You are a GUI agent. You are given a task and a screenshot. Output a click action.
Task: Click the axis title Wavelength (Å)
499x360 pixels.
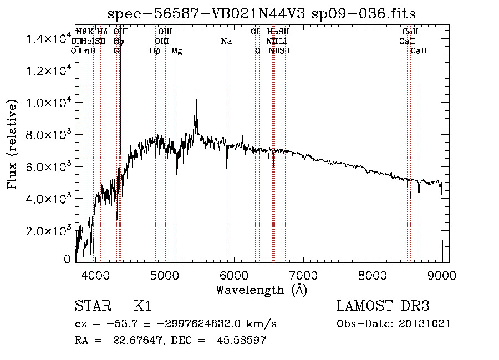point(261,290)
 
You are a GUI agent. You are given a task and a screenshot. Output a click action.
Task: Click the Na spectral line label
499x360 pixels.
point(226,41)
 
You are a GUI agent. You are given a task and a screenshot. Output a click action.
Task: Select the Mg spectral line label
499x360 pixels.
point(176,51)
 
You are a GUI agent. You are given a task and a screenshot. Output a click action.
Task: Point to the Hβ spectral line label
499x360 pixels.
point(155,51)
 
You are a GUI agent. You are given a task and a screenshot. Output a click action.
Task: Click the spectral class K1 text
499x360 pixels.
point(143,307)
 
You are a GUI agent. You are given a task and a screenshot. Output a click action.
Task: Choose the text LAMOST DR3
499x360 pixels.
point(383,307)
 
